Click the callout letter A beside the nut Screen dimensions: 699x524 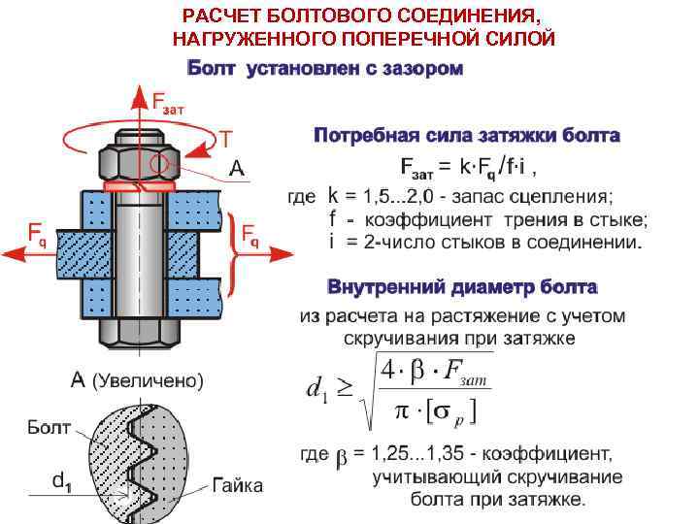pyautogui.click(x=236, y=169)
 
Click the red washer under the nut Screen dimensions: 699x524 pyautogui.click(x=139, y=182)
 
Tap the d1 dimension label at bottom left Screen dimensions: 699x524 pyautogui.click(x=60, y=478)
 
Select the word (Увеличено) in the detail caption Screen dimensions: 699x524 pyautogui.click(x=148, y=381)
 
